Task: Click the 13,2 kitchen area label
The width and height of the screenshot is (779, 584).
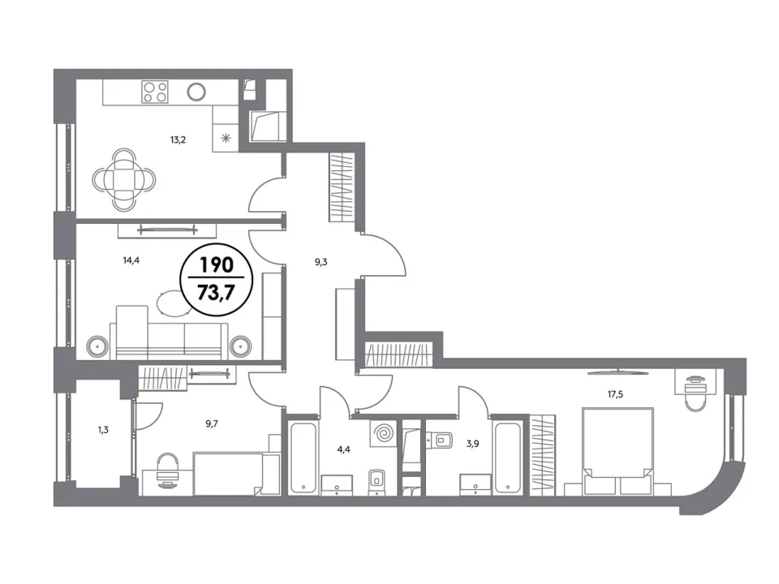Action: pos(178,140)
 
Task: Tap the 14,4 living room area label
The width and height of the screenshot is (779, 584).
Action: pos(131,260)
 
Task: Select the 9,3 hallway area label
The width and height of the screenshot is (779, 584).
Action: pos(321,262)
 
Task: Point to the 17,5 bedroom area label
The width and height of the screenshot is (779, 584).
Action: pos(615,394)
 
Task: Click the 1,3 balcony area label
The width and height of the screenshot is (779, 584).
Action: pos(103,430)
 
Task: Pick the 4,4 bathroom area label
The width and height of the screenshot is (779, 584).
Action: pos(344,450)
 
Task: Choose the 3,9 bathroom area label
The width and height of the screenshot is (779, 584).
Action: pos(472,444)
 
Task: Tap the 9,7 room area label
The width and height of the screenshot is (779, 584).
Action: pos(212,423)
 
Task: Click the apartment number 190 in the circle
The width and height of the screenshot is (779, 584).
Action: pos(217,265)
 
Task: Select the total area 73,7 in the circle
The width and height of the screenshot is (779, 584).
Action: pos(216,293)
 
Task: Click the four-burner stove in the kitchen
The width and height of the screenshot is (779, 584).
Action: pos(155,92)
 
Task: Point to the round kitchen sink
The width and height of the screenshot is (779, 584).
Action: pos(196,92)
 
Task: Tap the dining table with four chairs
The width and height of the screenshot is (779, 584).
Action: pos(124,178)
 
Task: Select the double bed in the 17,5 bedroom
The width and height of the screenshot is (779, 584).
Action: pos(617,452)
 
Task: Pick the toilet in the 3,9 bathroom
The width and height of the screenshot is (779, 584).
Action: pos(440,439)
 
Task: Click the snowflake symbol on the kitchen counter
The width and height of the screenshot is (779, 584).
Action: pos(226,138)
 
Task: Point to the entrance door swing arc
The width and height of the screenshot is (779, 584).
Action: pos(396,247)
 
